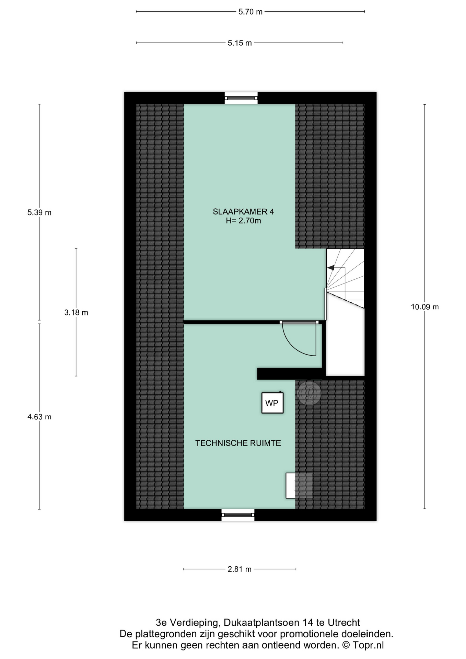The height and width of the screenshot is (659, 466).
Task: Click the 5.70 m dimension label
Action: pyautogui.click(x=251, y=12)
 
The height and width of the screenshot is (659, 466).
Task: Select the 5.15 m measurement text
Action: pyautogui.click(x=240, y=43)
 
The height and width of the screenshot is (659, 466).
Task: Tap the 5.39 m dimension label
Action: pyautogui.click(x=39, y=212)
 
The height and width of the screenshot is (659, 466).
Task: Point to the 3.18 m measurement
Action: pyautogui.click(x=76, y=312)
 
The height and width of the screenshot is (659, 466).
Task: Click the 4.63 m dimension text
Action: pyautogui.click(x=39, y=417)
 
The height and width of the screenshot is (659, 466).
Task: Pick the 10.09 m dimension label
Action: pyautogui.click(x=425, y=307)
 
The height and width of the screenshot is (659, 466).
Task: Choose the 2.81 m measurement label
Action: pyautogui.click(x=240, y=569)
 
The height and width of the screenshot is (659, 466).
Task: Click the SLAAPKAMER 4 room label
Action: pyautogui.click(x=243, y=211)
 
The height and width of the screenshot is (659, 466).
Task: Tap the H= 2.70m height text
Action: pyautogui.click(x=243, y=221)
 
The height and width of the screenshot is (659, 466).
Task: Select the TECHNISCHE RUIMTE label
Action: pyautogui.click(x=238, y=443)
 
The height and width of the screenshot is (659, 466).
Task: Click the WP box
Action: pyautogui.click(x=272, y=403)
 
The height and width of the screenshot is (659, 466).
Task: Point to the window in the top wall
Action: pyautogui.click(x=241, y=98)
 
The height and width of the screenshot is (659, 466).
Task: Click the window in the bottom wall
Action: pyautogui.click(x=238, y=515)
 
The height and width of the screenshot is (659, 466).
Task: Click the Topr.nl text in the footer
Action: pyautogui.click(x=368, y=645)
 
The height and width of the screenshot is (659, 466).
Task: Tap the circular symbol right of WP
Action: pyautogui.click(x=309, y=393)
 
